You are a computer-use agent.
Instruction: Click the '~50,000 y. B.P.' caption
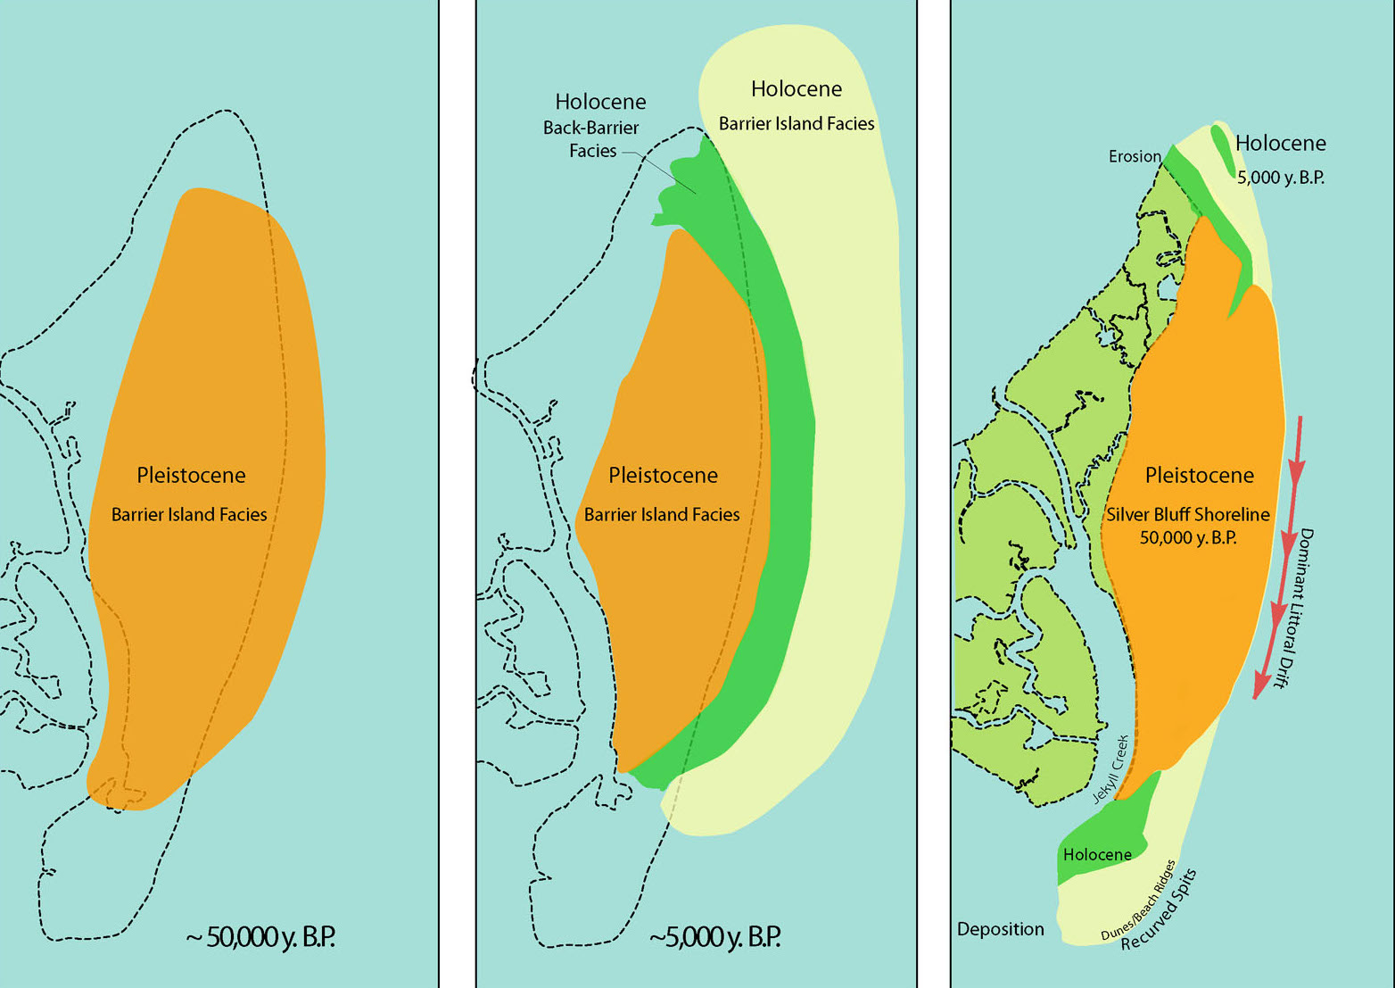(x=260, y=937)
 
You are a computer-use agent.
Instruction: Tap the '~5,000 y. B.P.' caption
(x=714, y=937)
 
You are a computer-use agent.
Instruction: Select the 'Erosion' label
(x=1135, y=156)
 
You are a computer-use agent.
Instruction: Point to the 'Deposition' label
(x=1000, y=929)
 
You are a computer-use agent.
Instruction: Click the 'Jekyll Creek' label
(x=1110, y=769)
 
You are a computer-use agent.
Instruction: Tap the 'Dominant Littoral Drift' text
(x=1296, y=607)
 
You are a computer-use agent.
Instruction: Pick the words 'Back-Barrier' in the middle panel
(x=590, y=128)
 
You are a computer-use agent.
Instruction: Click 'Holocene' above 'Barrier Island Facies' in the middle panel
(x=797, y=89)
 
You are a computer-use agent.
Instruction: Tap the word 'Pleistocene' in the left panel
(x=191, y=476)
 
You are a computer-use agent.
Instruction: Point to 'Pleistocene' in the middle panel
(x=663, y=476)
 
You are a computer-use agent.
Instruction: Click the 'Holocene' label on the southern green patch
(x=1097, y=854)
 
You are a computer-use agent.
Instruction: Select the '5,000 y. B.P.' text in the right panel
(x=1280, y=177)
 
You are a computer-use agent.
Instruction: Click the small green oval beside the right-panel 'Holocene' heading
(x=1223, y=151)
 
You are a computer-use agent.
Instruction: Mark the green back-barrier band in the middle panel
(x=785, y=446)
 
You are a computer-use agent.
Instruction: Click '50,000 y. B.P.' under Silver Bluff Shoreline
(x=1188, y=537)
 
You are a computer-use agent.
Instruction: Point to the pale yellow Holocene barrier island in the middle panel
(x=856, y=446)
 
